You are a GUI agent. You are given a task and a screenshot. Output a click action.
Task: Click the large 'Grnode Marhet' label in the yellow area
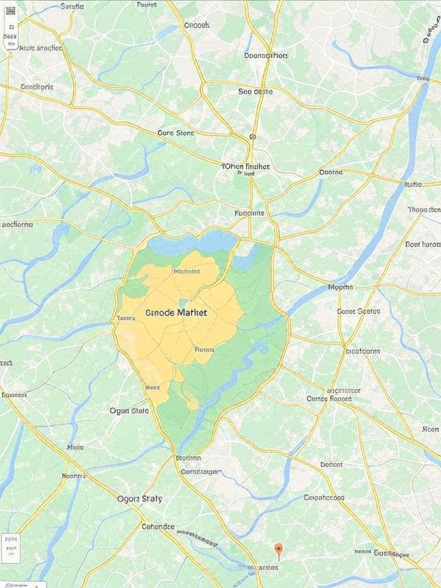click(x=177, y=312)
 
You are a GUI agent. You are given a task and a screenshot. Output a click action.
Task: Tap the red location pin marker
click(x=279, y=549)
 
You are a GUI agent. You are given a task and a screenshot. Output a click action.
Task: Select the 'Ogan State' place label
click(x=129, y=410)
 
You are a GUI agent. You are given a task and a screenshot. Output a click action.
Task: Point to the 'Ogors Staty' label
click(x=140, y=499)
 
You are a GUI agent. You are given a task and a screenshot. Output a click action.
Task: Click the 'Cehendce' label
click(x=158, y=526)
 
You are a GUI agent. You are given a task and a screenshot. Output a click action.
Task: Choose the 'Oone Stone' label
click(x=176, y=132)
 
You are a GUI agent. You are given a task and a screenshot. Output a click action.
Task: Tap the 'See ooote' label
click(x=255, y=91)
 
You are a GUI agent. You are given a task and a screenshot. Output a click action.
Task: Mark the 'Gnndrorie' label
click(x=37, y=87)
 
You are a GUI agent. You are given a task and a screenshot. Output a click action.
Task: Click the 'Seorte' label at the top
click(x=72, y=6)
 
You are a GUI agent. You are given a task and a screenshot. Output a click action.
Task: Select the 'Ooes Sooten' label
click(x=359, y=311)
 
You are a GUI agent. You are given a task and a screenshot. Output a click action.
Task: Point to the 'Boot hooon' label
click(x=423, y=244)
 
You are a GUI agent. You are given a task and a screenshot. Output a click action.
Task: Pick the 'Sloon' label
click(x=431, y=429)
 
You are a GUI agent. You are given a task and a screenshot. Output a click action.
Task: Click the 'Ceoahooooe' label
click(x=325, y=497)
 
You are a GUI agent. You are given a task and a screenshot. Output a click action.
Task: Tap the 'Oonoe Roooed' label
click(x=329, y=398)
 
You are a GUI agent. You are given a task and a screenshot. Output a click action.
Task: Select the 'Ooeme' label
click(x=331, y=173)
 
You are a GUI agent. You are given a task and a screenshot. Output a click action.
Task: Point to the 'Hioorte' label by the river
click(x=341, y=286)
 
